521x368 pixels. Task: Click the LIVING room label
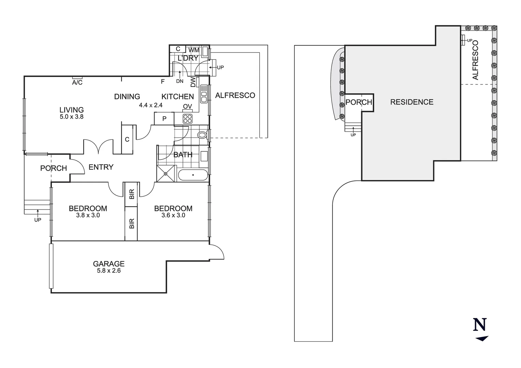pos(72,110)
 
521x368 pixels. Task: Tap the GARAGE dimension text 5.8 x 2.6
pos(109,271)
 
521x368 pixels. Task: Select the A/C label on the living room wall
pos(77,83)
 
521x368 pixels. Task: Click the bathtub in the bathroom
pos(193,175)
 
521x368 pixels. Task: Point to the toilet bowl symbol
pos(202,135)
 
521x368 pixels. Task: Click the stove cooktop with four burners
pos(188,119)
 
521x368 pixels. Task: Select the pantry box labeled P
pos(164,119)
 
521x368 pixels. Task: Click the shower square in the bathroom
pos(166,173)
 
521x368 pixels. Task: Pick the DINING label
pos(127,97)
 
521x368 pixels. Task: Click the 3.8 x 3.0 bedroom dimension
pos(88,215)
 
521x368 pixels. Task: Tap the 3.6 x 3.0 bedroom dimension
pos(173,215)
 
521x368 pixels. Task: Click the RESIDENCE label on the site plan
pos(412,102)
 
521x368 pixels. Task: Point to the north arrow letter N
pos(480,325)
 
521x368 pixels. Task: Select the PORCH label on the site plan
pos(359,102)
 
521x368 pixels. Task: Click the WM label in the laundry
pos(194,50)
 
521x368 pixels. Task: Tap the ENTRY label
pos(101,167)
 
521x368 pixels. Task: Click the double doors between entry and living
pos(98,147)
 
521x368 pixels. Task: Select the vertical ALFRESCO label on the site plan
pos(475,60)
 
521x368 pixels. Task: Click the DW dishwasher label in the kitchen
pos(193,82)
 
